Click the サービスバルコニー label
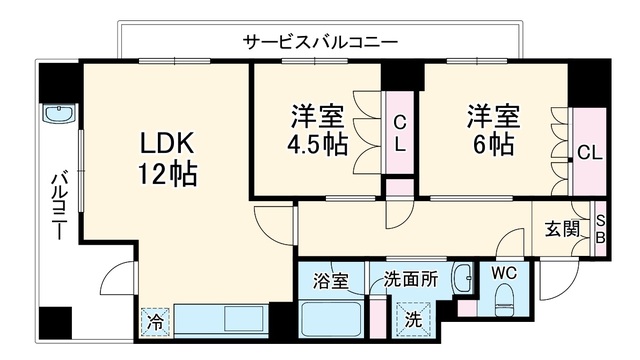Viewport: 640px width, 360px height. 320,42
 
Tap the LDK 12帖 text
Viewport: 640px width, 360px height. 167,159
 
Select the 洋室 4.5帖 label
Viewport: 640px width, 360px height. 318,130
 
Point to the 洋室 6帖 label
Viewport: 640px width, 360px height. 494,130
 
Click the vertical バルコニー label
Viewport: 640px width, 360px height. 59,207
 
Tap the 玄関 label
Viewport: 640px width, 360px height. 563,229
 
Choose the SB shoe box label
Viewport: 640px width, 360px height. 600,229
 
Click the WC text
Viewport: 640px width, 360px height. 504,273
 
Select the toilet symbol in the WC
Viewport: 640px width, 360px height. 505,300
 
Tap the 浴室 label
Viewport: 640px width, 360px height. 331,281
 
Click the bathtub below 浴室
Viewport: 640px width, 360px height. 331,319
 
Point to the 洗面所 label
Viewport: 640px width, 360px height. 411,280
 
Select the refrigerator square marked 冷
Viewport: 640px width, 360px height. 155,321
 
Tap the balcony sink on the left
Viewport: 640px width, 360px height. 59,113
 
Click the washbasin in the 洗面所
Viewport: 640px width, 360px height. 463,278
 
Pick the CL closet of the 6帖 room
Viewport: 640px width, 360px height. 589,152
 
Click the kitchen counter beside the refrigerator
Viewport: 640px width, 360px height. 221,320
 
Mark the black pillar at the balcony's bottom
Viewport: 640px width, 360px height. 56,322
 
